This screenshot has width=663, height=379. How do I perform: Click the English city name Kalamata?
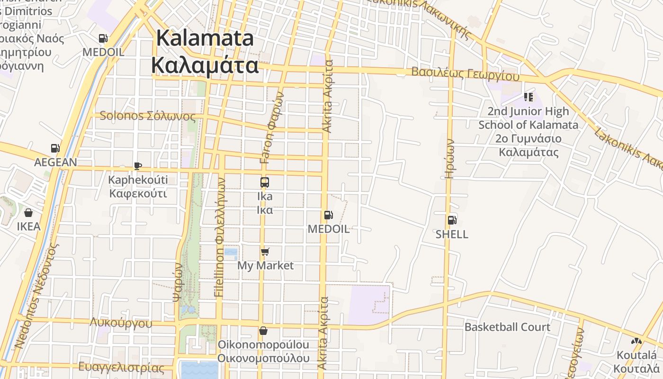[x=205, y=38]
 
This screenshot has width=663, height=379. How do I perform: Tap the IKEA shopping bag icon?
[x=28, y=213]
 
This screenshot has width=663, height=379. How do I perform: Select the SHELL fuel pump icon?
[x=452, y=220]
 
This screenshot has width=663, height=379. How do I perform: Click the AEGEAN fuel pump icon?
[x=55, y=148]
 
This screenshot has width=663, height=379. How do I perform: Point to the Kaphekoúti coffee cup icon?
[x=137, y=166]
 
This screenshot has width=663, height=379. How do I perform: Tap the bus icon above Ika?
[x=265, y=182]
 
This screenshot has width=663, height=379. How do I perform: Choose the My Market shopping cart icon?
[x=265, y=252]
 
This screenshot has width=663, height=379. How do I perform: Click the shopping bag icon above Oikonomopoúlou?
[x=263, y=331]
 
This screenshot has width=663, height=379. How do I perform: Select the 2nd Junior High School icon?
[x=528, y=98]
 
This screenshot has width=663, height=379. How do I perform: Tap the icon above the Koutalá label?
[x=636, y=341]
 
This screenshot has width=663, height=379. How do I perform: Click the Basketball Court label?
[x=507, y=327]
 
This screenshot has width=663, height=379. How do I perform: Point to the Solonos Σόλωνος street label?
[x=147, y=116]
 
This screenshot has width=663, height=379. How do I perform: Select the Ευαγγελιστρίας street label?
[x=121, y=367]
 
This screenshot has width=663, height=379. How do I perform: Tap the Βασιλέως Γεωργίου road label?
[x=465, y=74]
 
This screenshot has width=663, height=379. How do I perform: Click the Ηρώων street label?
[x=450, y=159]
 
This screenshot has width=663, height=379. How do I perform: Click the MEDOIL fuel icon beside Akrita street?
[x=328, y=215]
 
